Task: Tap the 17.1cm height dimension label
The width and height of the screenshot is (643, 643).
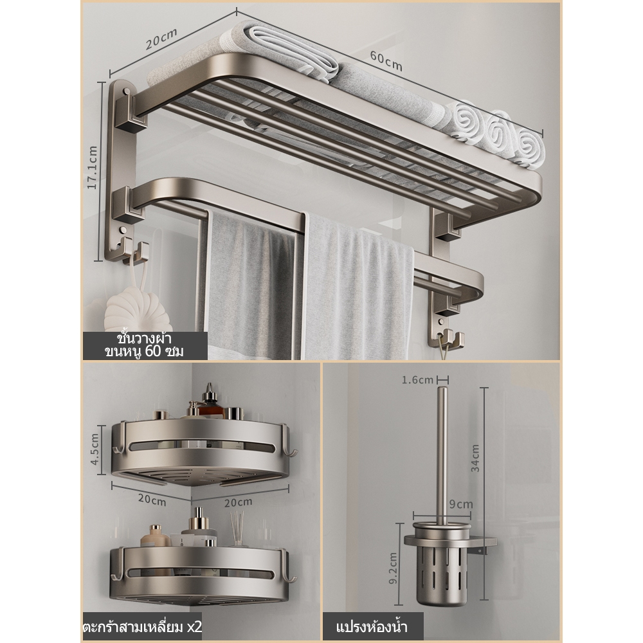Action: (92, 168)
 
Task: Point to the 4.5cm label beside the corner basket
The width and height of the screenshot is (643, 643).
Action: (95, 449)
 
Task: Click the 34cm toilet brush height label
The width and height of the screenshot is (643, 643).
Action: (475, 458)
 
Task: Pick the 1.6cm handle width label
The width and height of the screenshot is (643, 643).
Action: (417, 380)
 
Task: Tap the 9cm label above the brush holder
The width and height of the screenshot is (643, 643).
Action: (461, 504)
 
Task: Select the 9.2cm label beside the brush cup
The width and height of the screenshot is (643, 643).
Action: (393, 568)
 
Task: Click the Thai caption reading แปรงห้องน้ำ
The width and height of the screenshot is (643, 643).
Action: (372, 627)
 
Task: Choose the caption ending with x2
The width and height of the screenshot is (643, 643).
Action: (143, 627)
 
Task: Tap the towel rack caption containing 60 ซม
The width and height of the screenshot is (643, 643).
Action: (144, 345)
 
